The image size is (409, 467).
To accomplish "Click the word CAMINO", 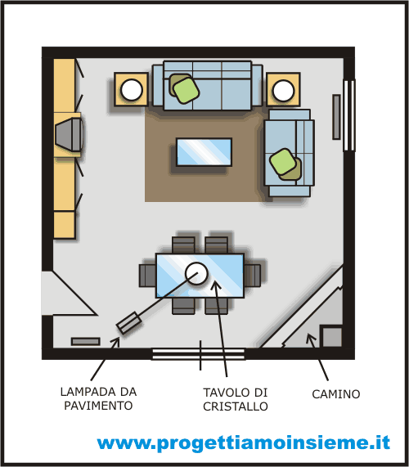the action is coord(335,394).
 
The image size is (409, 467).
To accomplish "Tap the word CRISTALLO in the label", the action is coord(236,406).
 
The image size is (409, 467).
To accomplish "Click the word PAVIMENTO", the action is coord(98,406).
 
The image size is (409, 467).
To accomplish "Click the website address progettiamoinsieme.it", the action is coord(244,443).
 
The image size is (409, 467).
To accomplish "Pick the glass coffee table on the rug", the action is coord(204,152).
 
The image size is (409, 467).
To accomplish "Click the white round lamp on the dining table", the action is coord(196,273).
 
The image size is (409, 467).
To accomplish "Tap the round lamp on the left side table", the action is coord(132,90).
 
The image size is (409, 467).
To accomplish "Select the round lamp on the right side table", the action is coord(283,90).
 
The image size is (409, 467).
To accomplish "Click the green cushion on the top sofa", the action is coord(187,91).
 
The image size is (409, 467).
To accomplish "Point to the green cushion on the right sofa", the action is coord(283,162).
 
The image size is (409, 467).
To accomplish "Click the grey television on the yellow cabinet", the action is coord(69,134).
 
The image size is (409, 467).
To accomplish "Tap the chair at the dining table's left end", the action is coord(147,276).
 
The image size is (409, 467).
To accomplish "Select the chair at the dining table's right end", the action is coord(252,276).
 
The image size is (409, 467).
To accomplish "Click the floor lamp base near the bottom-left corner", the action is coord(128,323).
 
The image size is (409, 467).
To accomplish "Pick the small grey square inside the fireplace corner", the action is coord(331,337).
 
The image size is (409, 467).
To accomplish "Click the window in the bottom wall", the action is coord(199,354).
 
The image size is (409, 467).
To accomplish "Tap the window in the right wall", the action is coord(349,115).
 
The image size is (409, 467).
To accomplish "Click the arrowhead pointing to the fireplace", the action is coord(311,338).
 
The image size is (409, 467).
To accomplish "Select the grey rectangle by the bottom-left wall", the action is coord(86,342).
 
